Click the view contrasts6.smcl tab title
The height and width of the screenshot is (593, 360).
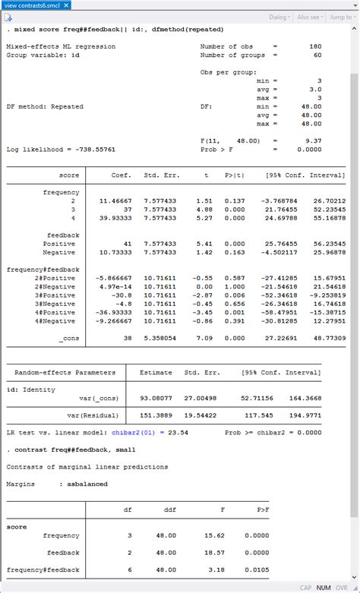[35, 5]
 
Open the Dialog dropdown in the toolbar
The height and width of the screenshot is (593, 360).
[279, 17]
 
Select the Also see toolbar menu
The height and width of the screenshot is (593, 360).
[311, 17]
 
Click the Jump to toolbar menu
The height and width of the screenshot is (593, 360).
[342, 17]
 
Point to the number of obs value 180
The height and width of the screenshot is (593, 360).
[315, 46]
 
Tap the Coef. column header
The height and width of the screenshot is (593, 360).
[122, 175]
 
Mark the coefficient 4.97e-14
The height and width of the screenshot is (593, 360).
[115, 286]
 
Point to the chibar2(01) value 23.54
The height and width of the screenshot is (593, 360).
[179, 433]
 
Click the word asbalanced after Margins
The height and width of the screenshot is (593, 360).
[87, 484]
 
